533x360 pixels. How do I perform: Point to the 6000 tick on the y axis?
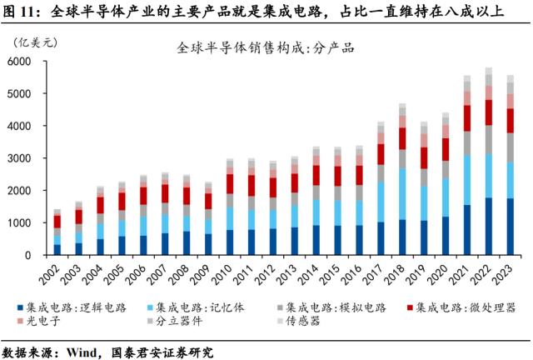20,62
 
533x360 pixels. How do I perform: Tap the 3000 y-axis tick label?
20,158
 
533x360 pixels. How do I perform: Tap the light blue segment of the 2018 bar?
402,194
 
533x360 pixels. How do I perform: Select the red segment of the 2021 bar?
467,117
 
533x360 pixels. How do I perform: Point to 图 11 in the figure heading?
21,11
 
